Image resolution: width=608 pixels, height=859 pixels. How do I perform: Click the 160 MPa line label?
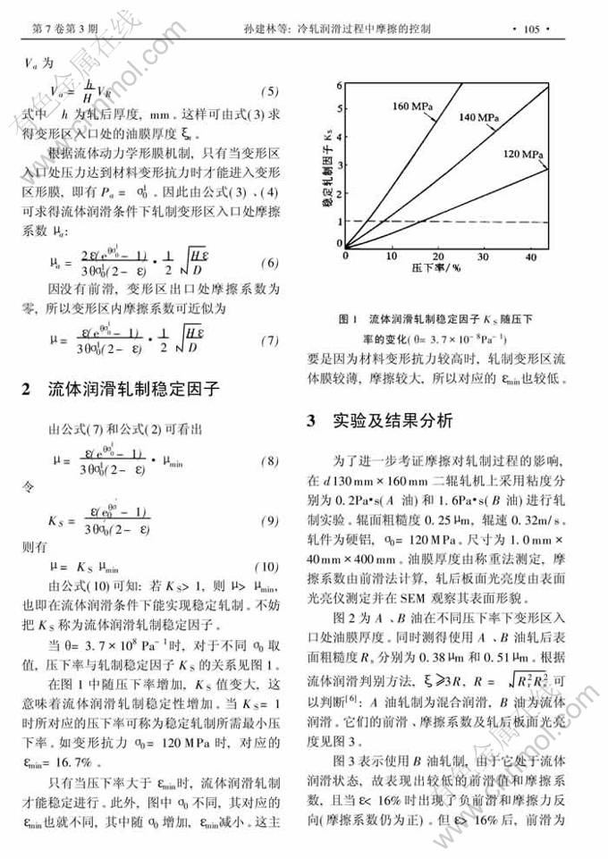pos(412,106)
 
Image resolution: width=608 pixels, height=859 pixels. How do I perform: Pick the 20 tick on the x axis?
pos(435,257)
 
